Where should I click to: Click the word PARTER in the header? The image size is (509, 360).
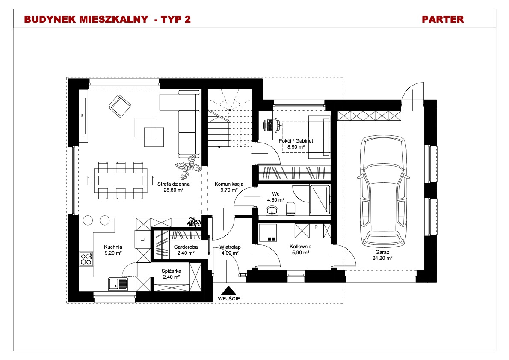442,19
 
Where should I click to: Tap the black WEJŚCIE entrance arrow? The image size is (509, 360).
229,290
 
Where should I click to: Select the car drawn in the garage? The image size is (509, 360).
383,191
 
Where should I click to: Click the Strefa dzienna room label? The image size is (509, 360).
173,184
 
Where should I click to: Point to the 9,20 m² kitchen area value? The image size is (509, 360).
113,253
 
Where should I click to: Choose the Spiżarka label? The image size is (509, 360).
172,271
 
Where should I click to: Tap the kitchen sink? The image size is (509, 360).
118,283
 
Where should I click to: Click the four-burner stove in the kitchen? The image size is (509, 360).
86,259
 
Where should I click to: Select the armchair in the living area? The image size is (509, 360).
120,106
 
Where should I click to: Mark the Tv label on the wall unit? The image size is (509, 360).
82,116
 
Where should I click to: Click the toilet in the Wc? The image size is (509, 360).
290,209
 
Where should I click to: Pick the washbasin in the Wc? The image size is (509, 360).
272,211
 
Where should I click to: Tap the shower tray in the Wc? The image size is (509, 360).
320,200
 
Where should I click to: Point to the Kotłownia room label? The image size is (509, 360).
300,247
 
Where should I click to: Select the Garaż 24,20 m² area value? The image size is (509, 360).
382,258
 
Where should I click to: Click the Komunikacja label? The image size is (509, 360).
229,184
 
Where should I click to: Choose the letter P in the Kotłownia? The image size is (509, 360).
316,227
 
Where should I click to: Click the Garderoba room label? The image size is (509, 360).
186,247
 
